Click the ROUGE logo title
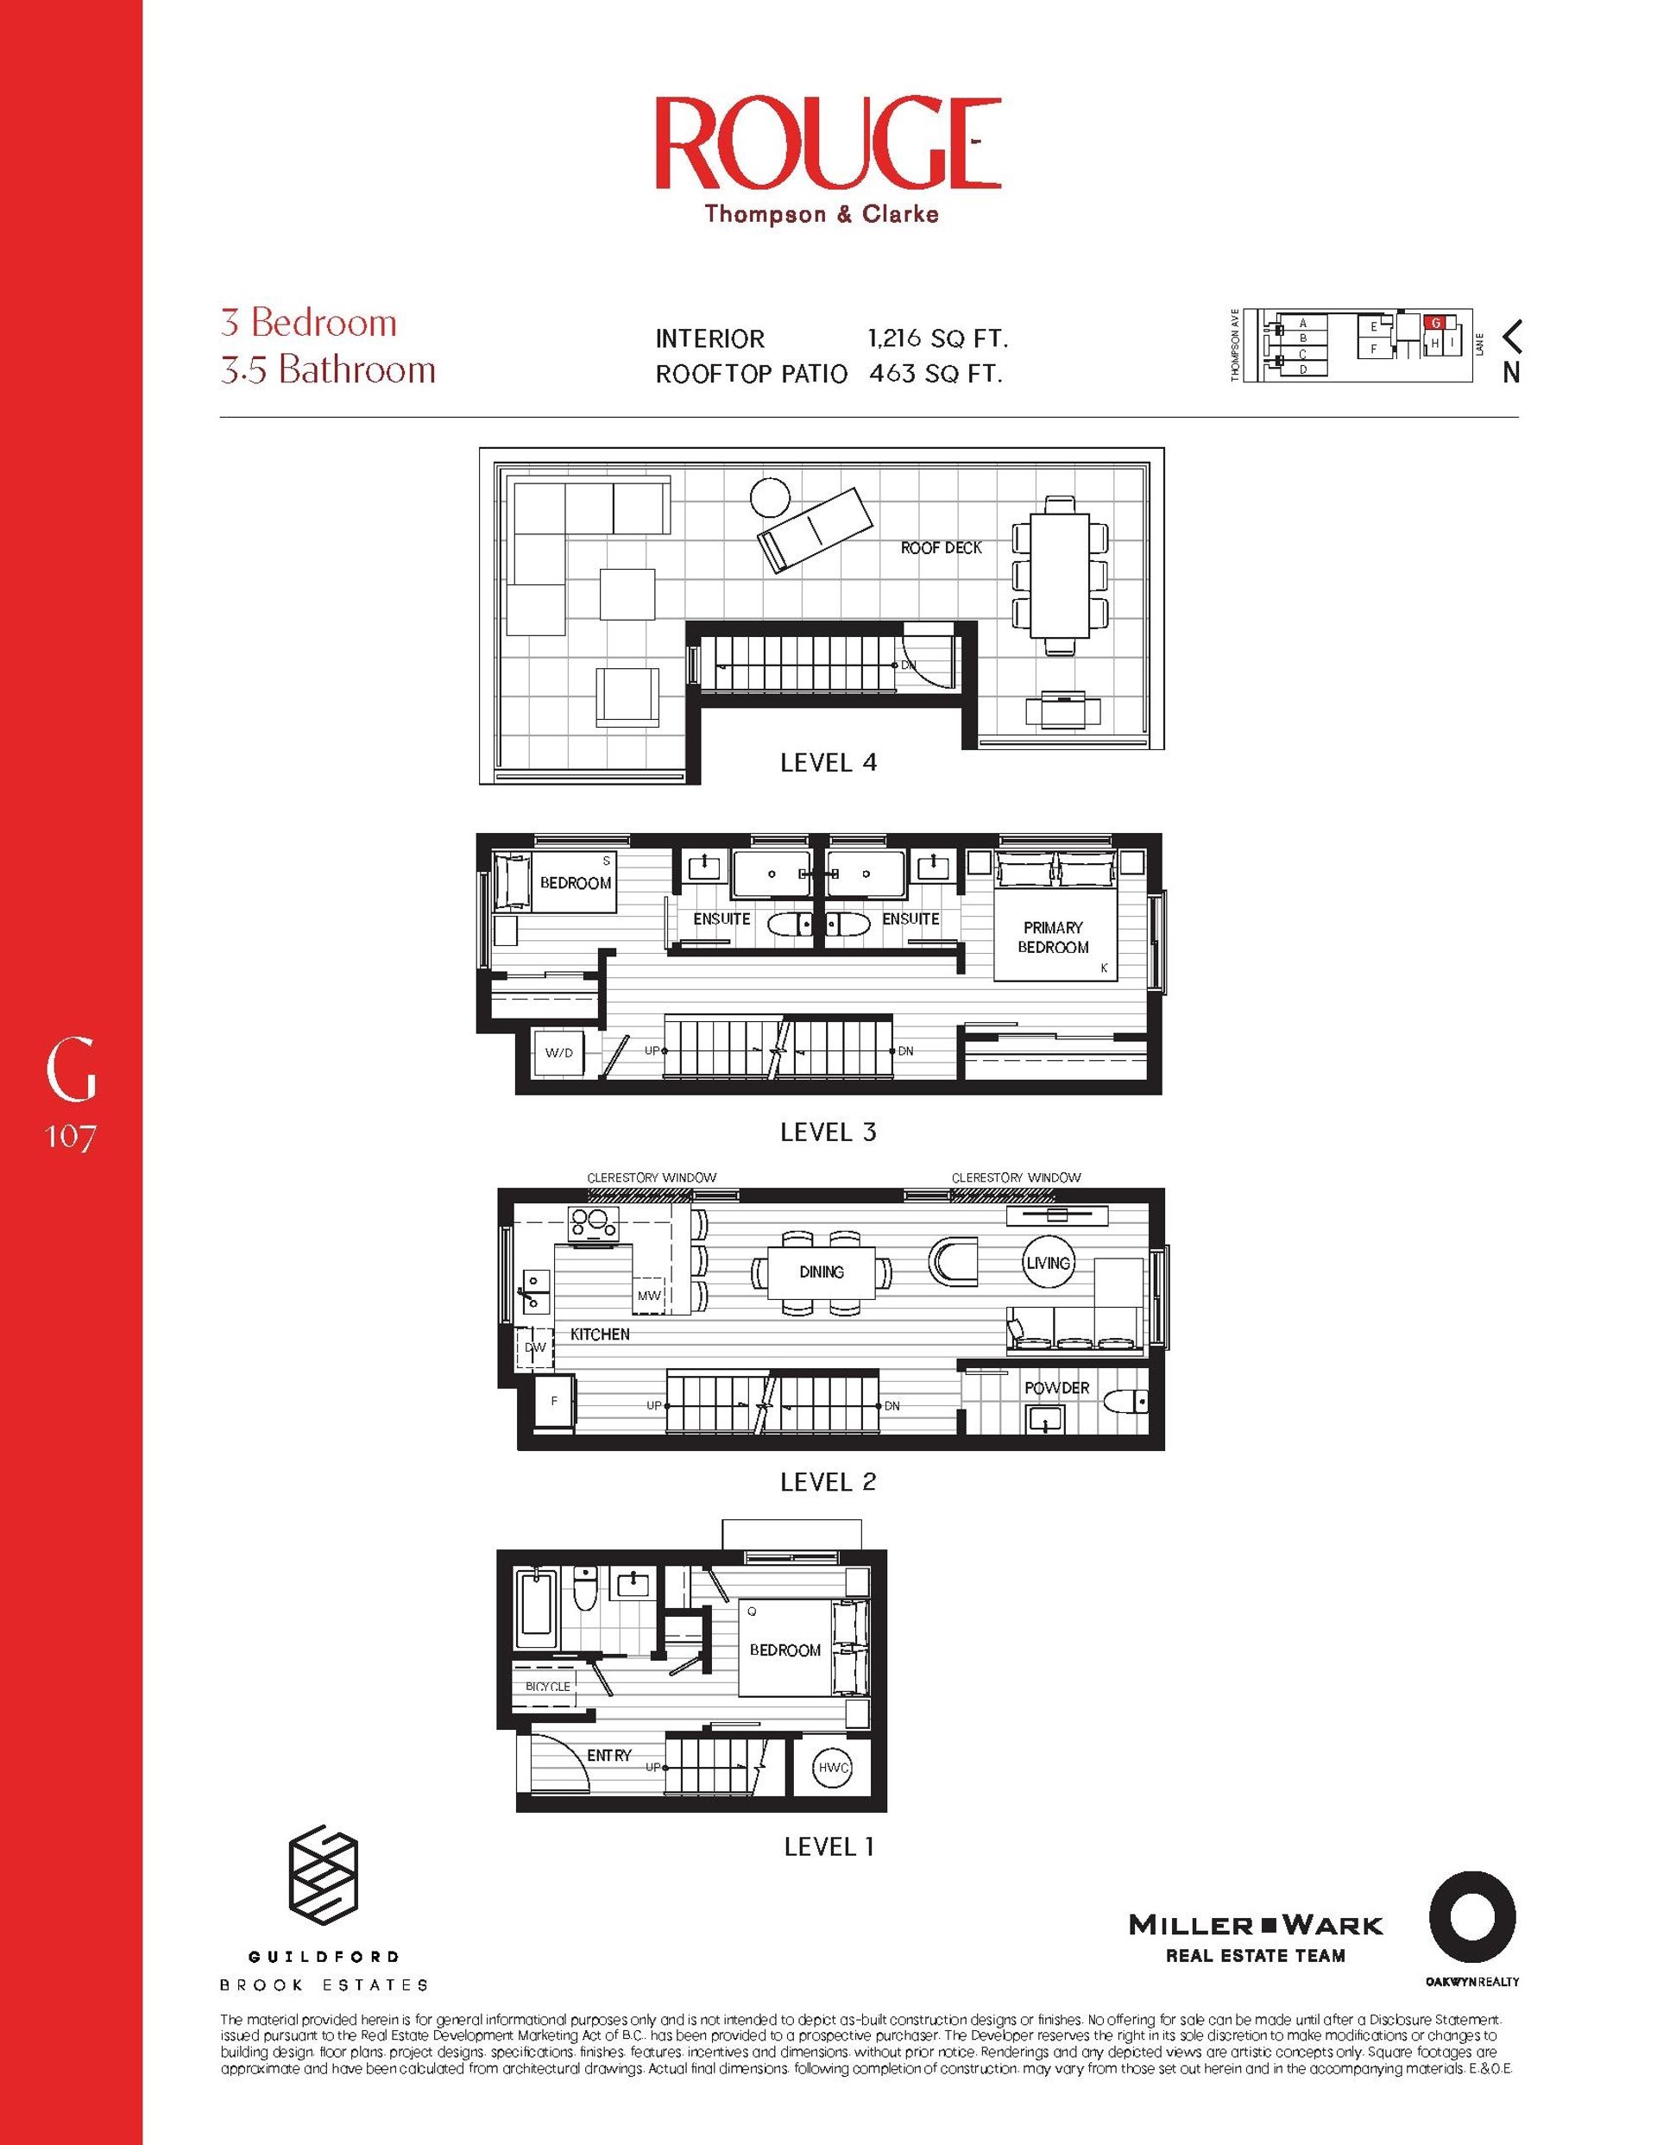tap(827, 143)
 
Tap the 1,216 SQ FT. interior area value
tap(938, 339)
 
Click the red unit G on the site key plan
tap(1435, 322)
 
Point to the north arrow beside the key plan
tap(1512, 337)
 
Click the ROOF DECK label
tap(941, 548)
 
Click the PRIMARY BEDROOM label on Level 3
tap(1053, 937)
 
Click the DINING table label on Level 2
tap(821, 1271)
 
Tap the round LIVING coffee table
tap(1048, 1263)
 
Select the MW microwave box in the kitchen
tap(648, 1296)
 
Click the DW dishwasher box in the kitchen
tap(535, 1347)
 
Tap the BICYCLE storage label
tap(547, 1687)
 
